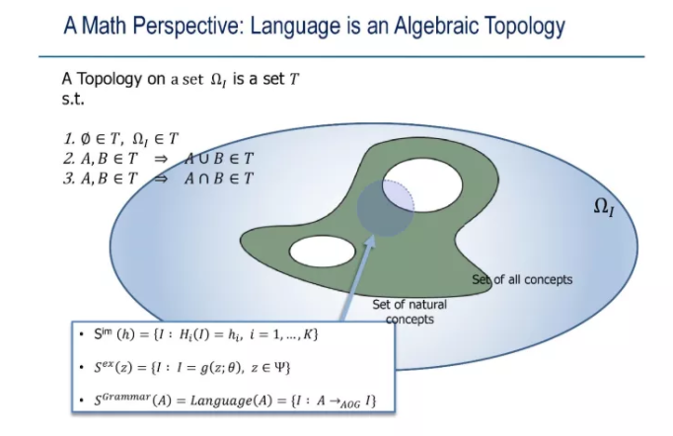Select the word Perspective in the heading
coord(188,26)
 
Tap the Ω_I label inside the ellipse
coord(604,207)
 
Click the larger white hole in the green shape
coord(422,185)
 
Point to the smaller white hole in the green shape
coord(323,251)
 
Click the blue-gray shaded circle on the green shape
coord(386,208)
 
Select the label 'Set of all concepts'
coord(522,280)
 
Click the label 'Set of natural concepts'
coord(410,312)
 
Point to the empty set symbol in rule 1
coord(86,139)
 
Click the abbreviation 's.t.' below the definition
coord(73,99)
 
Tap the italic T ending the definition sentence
coord(294,79)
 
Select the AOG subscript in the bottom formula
coord(350,404)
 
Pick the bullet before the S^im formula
coord(82,333)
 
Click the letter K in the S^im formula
coord(308,334)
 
